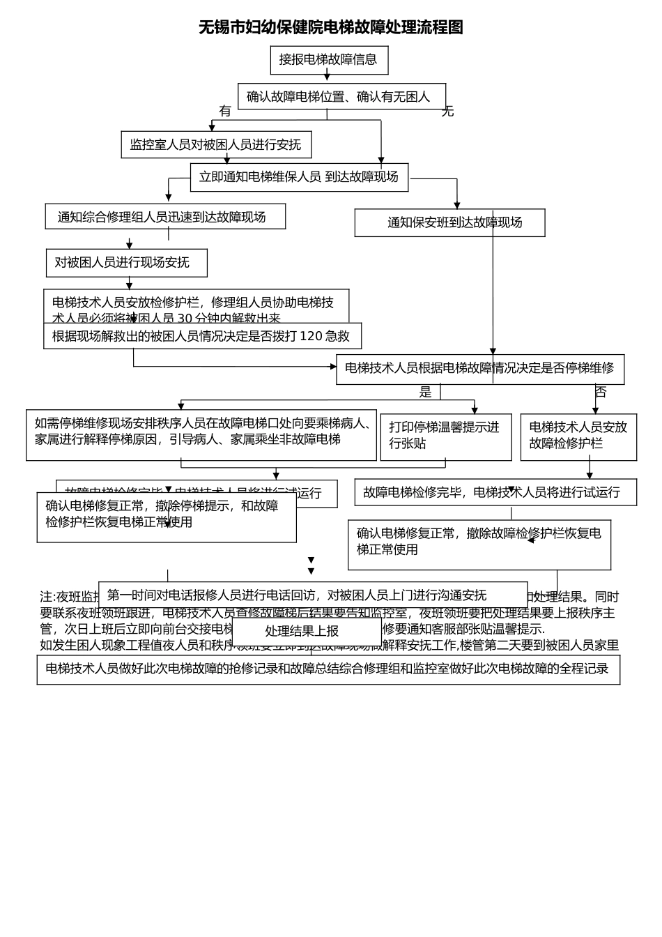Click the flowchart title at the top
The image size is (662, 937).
tap(331, 27)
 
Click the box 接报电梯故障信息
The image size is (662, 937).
tap(329, 60)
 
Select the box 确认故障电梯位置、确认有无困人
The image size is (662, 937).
tap(341, 97)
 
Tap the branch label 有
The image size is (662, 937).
tap(224, 111)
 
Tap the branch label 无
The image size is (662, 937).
tap(447, 111)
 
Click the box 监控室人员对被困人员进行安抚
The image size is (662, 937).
tap(216, 145)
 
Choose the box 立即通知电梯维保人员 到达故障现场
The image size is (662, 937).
tap(299, 177)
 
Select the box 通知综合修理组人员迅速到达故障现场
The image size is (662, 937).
tap(165, 217)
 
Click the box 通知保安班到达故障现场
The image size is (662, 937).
tap(449, 223)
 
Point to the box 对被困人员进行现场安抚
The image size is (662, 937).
tap(126, 263)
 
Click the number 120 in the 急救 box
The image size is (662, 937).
tap(311, 336)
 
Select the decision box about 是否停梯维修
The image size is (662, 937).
tap(479, 369)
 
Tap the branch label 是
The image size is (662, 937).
tap(425, 393)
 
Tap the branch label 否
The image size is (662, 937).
tap(601, 393)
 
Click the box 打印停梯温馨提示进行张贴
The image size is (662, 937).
tap(445, 436)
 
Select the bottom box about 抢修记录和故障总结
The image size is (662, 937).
tap(328, 669)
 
